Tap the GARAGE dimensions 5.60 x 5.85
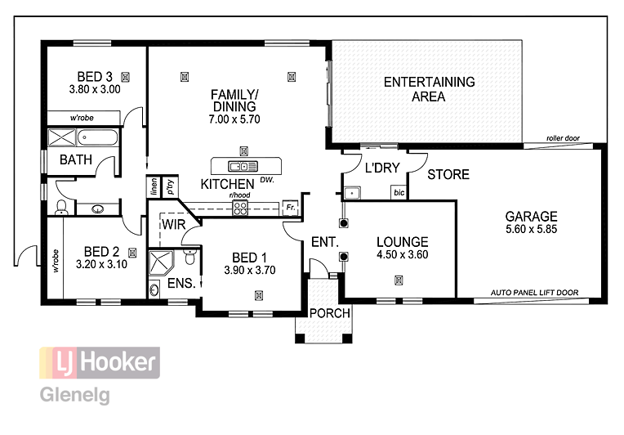pos(531,231)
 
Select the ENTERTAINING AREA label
pos(429,89)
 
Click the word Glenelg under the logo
pos(74,395)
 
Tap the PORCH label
pos(330,312)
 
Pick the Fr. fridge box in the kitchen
pos(289,207)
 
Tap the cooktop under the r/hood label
pos(240,208)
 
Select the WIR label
pos(173,223)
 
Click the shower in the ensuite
pos(163,265)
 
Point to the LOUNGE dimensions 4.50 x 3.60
pos(402,254)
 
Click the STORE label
pos(448,174)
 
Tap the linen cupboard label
pos(153,186)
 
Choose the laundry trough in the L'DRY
pos(352,194)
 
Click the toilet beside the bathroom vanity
pos(61,208)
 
